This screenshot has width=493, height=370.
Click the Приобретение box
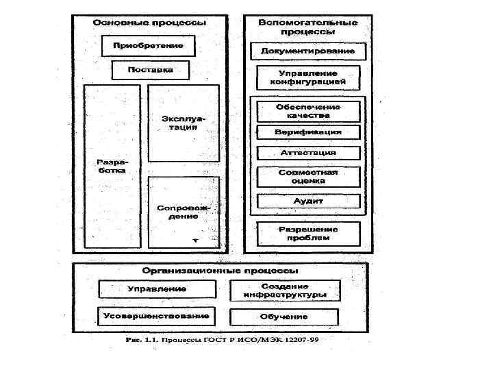point(148,46)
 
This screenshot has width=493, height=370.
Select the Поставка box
point(150,70)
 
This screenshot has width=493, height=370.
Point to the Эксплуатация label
point(184,123)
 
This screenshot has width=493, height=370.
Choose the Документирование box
point(308,51)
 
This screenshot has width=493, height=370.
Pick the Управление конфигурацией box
point(308,77)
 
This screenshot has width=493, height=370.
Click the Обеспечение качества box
point(308,111)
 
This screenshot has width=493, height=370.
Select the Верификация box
point(308,132)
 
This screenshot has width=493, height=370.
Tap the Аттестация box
point(308,153)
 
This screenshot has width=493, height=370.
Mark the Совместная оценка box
point(308,177)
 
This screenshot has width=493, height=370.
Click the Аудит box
point(308,201)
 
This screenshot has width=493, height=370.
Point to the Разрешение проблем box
point(308,234)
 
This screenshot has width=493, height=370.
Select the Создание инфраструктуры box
point(285,291)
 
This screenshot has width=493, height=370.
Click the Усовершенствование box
point(156,317)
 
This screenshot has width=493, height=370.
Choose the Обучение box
point(284,317)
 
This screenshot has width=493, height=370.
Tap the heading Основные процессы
point(150,23)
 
